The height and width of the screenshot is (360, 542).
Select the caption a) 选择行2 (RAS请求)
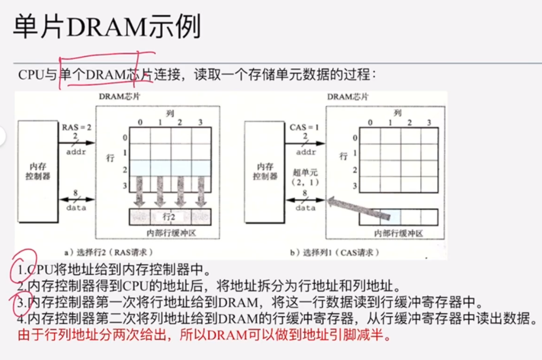tap(109, 252)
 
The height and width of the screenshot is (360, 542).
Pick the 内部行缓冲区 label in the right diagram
tap(398, 233)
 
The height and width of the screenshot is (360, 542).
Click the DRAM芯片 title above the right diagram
tap(347, 97)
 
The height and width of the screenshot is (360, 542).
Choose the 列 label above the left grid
tap(169, 113)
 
